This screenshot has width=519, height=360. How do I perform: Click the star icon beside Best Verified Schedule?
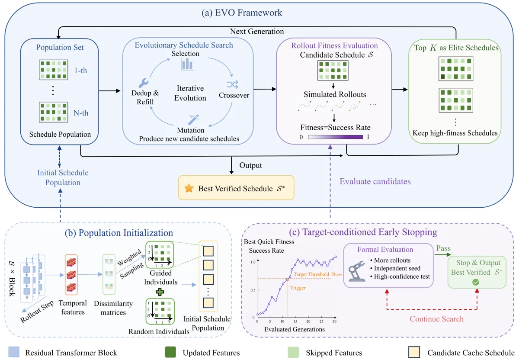click(189, 188)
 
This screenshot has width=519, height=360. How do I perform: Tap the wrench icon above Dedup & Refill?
click(144, 83)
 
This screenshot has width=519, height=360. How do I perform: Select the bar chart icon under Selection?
click(187, 64)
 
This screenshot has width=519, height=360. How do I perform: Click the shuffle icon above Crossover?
click(232, 85)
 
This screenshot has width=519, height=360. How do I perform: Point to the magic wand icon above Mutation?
click(194, 119)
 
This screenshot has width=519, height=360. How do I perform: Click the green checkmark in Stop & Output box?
click(476, 282)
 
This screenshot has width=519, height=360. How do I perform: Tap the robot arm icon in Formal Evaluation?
click(356, 271)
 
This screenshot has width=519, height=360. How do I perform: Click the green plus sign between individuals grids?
click(160, 292)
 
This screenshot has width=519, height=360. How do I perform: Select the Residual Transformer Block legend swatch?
click(14, 352)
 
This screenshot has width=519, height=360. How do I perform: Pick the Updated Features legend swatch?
click(170, 352)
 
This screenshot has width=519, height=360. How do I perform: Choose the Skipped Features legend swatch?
click(293, 352)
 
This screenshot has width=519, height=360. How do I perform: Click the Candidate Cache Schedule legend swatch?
click(414, 352)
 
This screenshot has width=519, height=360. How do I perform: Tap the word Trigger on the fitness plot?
click(298, 288)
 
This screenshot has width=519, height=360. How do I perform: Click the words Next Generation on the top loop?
click(257, 31)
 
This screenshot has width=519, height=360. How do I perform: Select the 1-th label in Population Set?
click(80, 70)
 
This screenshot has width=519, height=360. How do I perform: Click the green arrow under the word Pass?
click(442, 255)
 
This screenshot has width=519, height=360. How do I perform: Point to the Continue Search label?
click(436, 319)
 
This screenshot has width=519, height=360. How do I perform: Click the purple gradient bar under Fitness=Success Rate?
click(335, 137)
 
